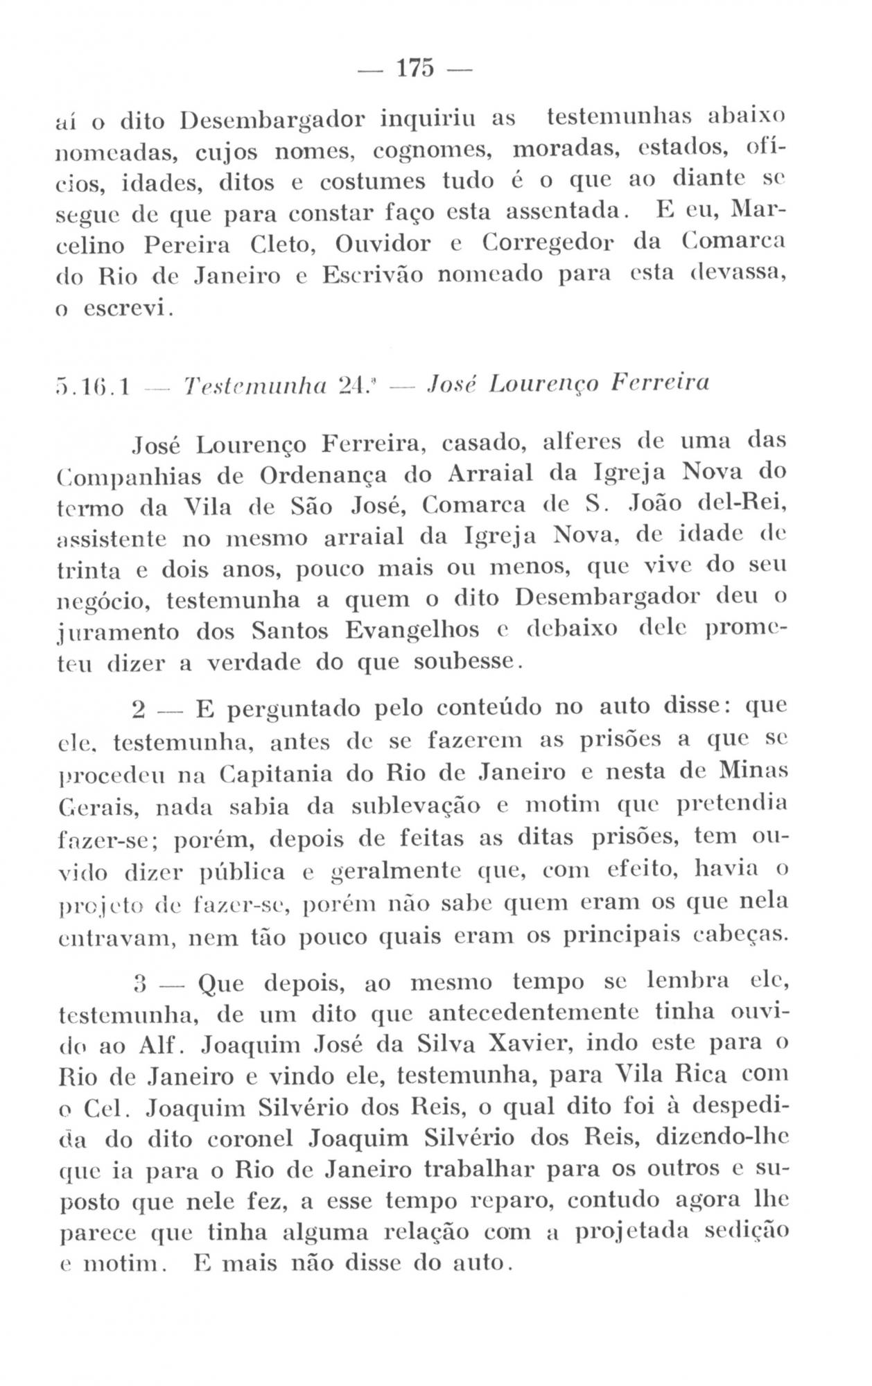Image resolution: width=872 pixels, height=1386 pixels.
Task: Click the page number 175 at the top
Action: (x=415, y=69)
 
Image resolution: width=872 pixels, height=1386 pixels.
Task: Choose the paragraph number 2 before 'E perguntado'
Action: (x=138, y=710)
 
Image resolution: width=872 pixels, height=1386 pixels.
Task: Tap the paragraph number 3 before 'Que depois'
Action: (x=138, y=983)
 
